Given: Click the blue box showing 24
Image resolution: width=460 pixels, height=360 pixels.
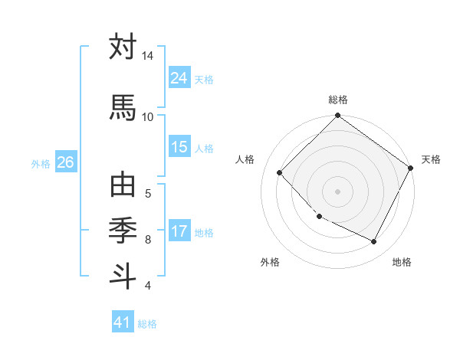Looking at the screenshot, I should [179, 78].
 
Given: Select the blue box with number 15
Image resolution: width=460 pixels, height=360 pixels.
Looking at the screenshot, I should [179, 147].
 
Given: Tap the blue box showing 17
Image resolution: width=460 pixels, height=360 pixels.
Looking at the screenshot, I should [179, 231].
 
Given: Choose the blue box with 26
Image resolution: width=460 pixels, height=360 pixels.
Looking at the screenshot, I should [65, 162].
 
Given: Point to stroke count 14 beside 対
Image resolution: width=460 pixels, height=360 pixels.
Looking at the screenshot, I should [147, 56].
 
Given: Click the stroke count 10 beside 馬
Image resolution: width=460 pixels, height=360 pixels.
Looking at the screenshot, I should [147, 116].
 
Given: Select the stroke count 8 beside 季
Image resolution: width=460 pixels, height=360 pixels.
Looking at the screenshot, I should [148, 240].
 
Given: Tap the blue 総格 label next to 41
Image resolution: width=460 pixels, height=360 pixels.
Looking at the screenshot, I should [147, 324].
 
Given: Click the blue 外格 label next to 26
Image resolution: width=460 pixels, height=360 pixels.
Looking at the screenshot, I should [41, 163].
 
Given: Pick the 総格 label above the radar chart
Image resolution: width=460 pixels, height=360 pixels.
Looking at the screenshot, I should [337, 100].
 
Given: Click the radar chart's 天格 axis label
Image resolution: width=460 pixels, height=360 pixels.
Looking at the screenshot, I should [431, 159].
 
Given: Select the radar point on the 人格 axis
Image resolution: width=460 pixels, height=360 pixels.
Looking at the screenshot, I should [280, 173].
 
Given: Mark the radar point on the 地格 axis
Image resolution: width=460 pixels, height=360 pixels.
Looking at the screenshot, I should [374, 242].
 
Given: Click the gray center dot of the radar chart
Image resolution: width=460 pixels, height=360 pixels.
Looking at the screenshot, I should [337, 191].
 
